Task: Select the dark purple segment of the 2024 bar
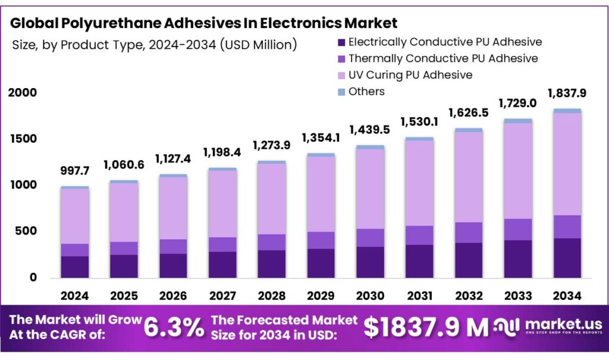click(x=74, y=267)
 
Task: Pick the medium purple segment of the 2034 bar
click(x=567, y=227)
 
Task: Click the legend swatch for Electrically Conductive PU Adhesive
click(x=341, y=42)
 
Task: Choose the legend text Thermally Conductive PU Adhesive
click(x=443, y=58)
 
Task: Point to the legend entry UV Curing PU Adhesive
click(x=410, y=75)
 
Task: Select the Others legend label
click(x=366, y=92)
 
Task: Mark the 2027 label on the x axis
click(x=222, y=295)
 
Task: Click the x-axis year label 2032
click(x=468, y=295)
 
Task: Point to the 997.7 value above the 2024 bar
click(x=74, y=171)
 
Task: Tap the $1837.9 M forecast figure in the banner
click(x=425, y=327)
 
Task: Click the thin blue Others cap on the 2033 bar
click(x=517, y=121)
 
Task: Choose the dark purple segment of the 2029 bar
click(x=320, y=262)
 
